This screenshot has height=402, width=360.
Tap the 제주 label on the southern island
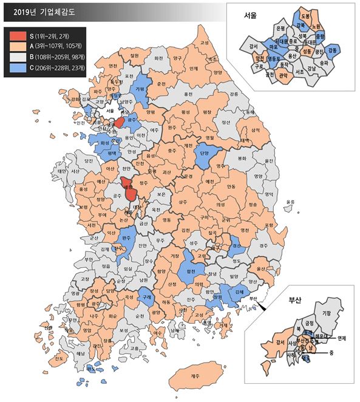194,376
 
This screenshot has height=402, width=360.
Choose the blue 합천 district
191,256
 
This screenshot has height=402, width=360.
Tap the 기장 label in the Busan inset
326,313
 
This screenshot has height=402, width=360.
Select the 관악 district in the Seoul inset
283,75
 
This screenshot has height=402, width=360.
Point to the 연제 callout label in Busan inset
341,338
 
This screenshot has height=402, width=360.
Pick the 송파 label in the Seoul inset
326,63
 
